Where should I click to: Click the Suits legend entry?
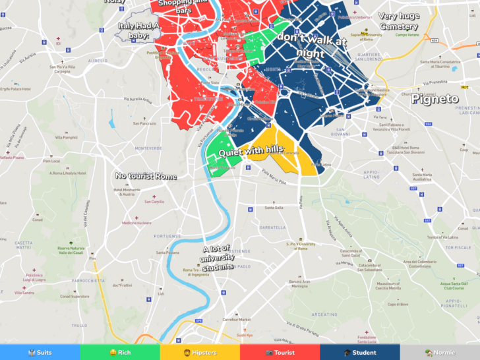click(40, 353)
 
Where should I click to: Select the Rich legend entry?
click(120, 353)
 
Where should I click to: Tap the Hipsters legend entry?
click(200, 353)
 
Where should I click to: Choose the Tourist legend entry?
click(280, 353)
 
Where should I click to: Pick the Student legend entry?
click(360, 353)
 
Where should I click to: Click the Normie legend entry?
click(440, 353)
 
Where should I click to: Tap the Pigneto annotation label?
click(435, 99)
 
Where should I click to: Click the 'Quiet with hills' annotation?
click(251, 151)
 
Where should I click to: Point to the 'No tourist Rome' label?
click(146, 176)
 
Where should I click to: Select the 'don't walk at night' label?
click(311, 45)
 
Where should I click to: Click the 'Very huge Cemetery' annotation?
click(398, 21)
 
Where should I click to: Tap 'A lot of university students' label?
click(218, 258)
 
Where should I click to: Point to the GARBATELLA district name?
click(273, 227)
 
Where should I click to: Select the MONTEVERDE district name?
click(148, 148)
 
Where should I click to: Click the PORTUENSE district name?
click(167, 236)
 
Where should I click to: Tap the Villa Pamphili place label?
click(66, 137)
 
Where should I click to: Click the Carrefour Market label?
click(235, 319)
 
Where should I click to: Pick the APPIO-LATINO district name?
click(373, 174)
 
